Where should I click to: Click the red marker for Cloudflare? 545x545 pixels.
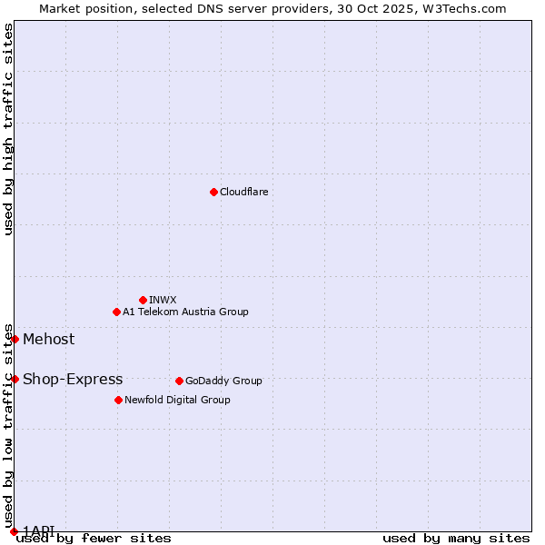[213, 192]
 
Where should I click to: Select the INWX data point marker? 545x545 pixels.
[143, 300]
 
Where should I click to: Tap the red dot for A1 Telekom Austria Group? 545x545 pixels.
[116, 312]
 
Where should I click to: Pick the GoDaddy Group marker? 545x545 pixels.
[179, 381]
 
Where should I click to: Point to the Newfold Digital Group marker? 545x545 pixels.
[118, 400]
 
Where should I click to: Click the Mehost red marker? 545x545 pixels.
[15, 339]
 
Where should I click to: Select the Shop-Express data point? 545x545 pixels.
[15, 379]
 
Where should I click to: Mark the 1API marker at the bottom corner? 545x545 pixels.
[14, 531]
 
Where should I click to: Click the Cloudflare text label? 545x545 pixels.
[243, 192]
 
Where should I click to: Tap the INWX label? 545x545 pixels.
[163, 300]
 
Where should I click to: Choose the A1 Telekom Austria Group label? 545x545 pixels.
[185, 312]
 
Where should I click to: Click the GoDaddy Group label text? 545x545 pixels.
[223, 381]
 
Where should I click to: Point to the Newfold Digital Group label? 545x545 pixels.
[177, 400]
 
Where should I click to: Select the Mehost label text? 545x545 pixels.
[49, 340]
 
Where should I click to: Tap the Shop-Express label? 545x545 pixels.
[73, 380]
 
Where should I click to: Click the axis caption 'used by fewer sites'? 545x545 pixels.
[94, 538]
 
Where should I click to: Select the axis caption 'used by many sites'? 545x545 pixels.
[456, 538]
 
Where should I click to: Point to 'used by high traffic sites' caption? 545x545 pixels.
[8, 129]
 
